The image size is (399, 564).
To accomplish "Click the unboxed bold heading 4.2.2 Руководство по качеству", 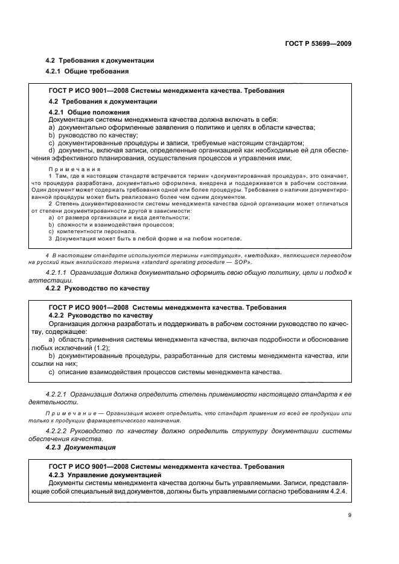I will click(x=97, y=289).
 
